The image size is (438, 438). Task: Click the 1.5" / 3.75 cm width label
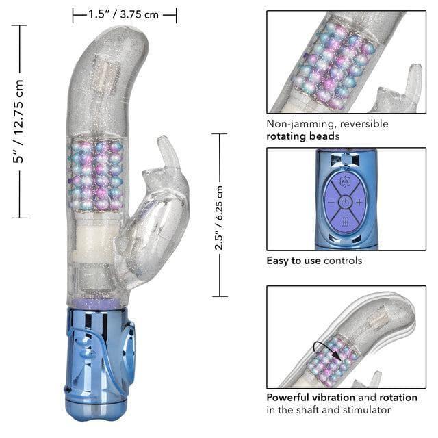[x=125, y=14]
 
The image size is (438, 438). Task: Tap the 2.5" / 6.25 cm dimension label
[x=219, y=215]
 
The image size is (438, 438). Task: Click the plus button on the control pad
[x=359, y=203]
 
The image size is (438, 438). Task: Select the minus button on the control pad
[x=331, y=203]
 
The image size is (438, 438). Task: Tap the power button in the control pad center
[x=345, y=203]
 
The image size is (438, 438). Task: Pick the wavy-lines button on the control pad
[x=345, y=222]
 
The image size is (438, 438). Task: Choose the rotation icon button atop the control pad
[x=345, y=184]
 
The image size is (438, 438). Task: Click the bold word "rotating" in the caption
[x=287, y=136]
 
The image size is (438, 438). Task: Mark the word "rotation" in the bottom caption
[x=397, y=397]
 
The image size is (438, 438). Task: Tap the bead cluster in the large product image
[x=96, y=175]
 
